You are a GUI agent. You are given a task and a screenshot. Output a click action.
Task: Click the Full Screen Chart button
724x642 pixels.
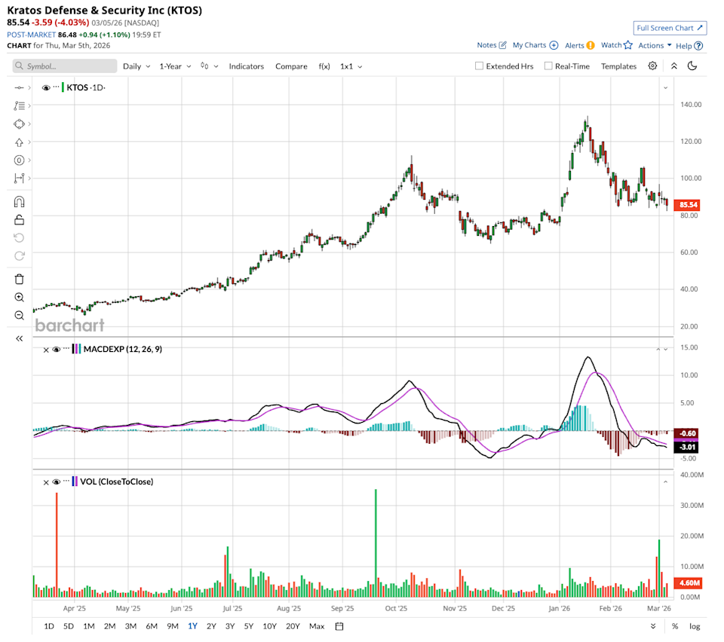click(x=670, y=28)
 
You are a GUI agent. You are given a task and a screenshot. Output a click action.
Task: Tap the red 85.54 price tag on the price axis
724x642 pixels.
click(x=687, y=204)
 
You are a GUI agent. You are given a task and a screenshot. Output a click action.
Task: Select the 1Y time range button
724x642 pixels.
click(x=192, y=626)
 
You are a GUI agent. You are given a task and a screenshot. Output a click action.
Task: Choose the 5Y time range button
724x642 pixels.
click(x=249, y=626)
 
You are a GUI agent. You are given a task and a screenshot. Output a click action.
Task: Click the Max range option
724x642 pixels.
click(x=317, y=626)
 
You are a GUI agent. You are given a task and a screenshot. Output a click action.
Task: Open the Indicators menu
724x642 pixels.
click(x=247, y=66)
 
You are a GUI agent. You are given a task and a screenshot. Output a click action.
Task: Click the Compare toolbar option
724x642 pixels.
click(x=291, y=66)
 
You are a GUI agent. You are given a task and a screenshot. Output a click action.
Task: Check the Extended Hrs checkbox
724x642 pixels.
click(x=479, y=66)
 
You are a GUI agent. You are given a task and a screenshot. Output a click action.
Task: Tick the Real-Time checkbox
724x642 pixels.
click(x=548, y=66)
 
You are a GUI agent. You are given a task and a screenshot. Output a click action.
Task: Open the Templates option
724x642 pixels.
click(x=618, y=66)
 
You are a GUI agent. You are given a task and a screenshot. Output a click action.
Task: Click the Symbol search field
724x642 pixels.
click(x=65, y=66)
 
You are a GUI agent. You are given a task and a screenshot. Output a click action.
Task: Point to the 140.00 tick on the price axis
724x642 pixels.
click(x=692, y=104)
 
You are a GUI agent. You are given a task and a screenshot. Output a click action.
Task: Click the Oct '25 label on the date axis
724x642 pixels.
click(x=397, y=607)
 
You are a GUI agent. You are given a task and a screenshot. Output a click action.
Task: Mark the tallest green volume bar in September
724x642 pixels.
click(x=376, y=543)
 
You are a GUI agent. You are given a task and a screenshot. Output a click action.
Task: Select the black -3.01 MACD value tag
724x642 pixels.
click(x=687, y=447)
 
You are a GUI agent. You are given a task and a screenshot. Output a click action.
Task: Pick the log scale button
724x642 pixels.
click(x=694, y=626)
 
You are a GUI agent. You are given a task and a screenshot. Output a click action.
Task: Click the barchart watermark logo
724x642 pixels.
click(x=69, y=325)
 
